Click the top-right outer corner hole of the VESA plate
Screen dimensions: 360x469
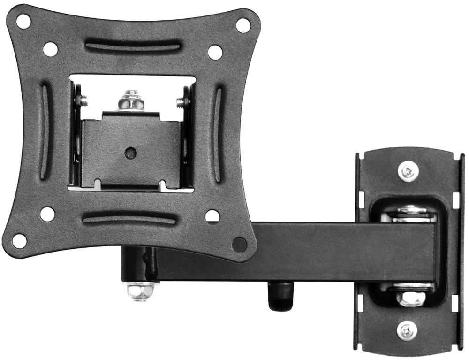pos(243,25)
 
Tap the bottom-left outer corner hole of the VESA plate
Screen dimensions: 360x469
pos(19,241)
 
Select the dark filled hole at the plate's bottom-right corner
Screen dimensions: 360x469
pos(240,244)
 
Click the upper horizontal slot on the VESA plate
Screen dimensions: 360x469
pos(133,47)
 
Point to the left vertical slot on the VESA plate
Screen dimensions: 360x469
pos(45,131)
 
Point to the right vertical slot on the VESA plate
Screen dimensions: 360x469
pos(218,134)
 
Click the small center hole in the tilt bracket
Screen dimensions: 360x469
pos(131,152)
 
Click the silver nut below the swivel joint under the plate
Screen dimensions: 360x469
pos(139,291)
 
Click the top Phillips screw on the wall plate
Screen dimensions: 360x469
pos(408,171)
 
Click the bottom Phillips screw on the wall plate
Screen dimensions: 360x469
pos(407,331)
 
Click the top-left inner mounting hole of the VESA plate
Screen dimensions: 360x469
pos(50,49)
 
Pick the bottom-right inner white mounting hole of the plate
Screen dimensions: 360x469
pos(212,216)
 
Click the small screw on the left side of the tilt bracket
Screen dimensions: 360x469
pos(83,100)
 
